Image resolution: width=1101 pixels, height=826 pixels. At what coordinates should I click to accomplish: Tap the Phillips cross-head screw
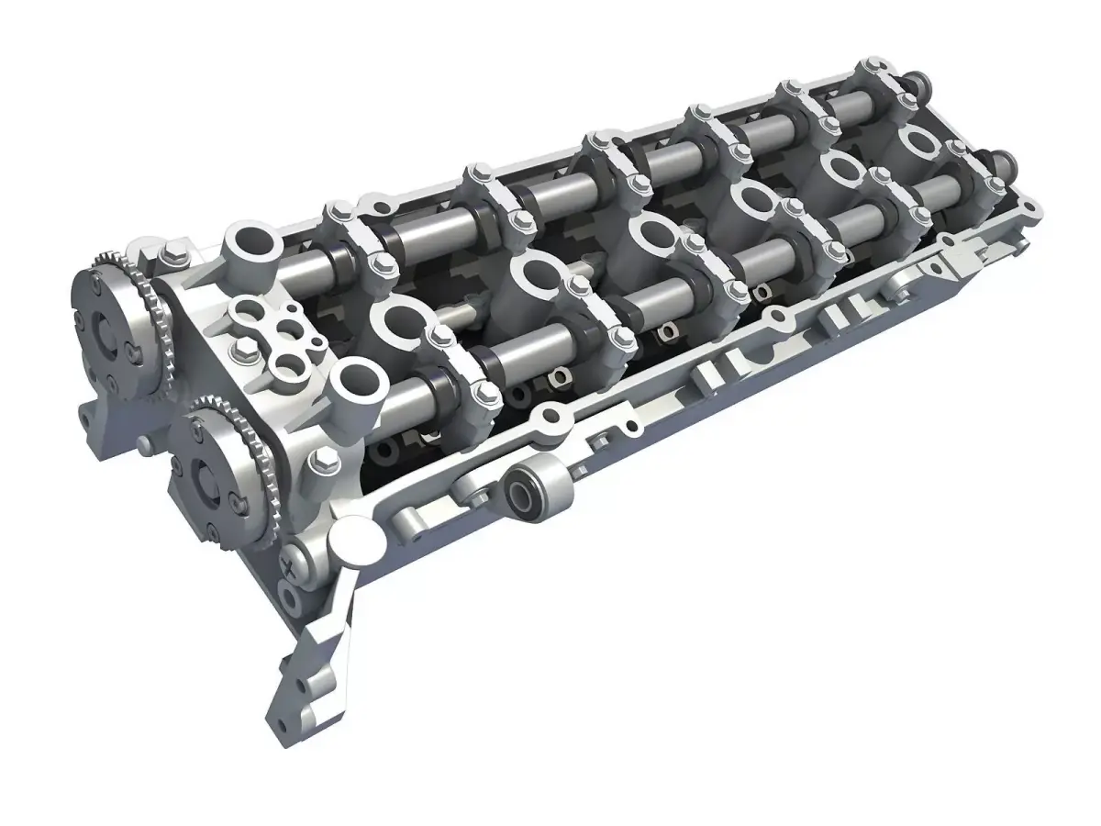coord(293,565)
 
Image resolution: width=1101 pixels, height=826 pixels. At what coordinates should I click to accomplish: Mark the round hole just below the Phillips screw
coord(292,601)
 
